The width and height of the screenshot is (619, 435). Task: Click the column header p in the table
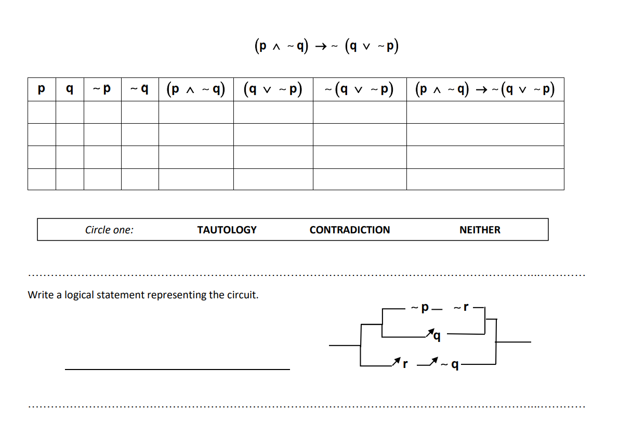pyautogui.click(x=42, y=89)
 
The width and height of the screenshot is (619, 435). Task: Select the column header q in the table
pyautogui.click(x=70, y=89)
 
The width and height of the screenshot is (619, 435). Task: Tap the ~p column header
pyautogui.click(x=102, y=89)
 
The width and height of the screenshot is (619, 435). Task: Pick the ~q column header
pyautogui.click(x=140, y=89)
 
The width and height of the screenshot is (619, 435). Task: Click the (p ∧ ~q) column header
pyautogui.click(x=196, y=89)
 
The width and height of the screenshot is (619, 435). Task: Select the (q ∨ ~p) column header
pyautogui.click(x=273, y=89)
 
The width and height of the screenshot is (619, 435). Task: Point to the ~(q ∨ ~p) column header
pyautogui.click(x=359, y=89)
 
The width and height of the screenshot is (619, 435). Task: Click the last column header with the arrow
pyautogui.click(x=485, y=89)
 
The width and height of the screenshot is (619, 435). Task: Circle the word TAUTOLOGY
pyautogui.click(x=227, y=230)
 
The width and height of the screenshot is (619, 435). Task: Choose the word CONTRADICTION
pyautogui.click(x=349, y=230)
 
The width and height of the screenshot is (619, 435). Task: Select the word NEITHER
pyautogui.click(x=480, y=230)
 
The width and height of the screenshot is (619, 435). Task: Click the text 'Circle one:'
pyautogui.click(x=109, y=230)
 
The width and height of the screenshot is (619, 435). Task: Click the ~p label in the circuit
pyautogui.click(x=420, y=308)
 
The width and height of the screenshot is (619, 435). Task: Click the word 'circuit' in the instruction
pyautogui.click(x=241, y=295)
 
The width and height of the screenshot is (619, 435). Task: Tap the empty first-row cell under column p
pyautogui.click(x=42, y=112)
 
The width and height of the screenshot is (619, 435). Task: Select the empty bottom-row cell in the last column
pyautogui.click(x=485, y=179)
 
